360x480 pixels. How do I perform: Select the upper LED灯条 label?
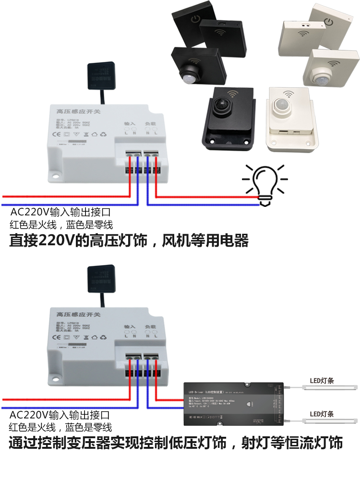tap(322, 381)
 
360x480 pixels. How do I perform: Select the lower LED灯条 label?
tap(322, 414)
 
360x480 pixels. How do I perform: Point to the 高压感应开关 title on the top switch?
tap(77, 111)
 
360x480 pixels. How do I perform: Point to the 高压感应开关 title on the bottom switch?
tap(77, 313)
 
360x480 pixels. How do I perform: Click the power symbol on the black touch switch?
tap(194, 20)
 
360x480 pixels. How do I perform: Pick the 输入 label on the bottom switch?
tap(130, 326)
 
